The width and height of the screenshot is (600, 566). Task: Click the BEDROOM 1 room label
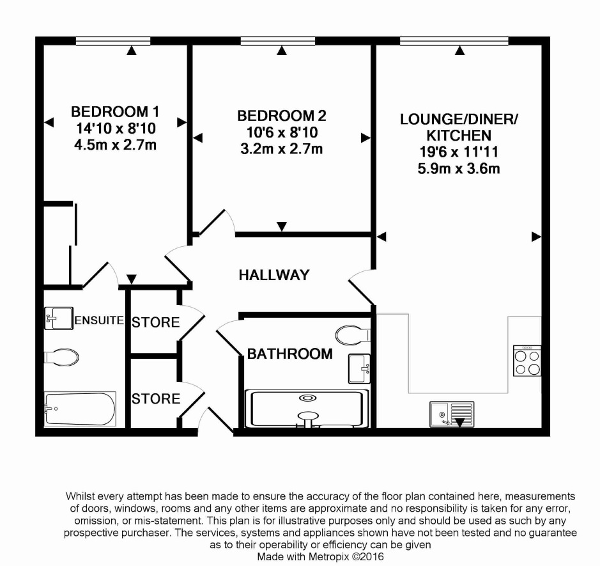pyautogui.click(x=115, y=111)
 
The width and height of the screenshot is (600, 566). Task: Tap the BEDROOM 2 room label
pyautogui.click(x=282, y=116)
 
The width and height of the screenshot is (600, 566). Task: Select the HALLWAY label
pyautogui.click(x=273, y=275)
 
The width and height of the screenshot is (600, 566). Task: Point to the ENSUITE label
pyautogui.click(x=98, y=320)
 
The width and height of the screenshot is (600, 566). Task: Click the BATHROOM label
pyautogui.click(x=290, y=354)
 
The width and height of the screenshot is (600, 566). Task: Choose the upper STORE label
pyautogui.click(x=155, y=322)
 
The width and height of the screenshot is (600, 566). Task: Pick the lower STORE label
pyautogui.click(x=155, y=399)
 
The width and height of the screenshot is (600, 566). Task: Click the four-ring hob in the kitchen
pyautogui.click(x=527, y=361)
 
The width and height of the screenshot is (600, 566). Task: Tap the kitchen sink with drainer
pyautogui.click(x=452, y=414)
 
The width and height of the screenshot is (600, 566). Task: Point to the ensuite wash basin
pyautogui.click(x=58, y=317)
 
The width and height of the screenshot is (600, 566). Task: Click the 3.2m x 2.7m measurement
pyautogui.click(x=282, y=150)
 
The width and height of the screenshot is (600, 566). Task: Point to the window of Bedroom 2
pyautogui.click(x=279, y=42)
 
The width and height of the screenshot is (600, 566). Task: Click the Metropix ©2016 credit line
pyautogui.click(x=321, y=556)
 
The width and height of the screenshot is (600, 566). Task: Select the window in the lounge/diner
pyautogui.click(x=454, y=42)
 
